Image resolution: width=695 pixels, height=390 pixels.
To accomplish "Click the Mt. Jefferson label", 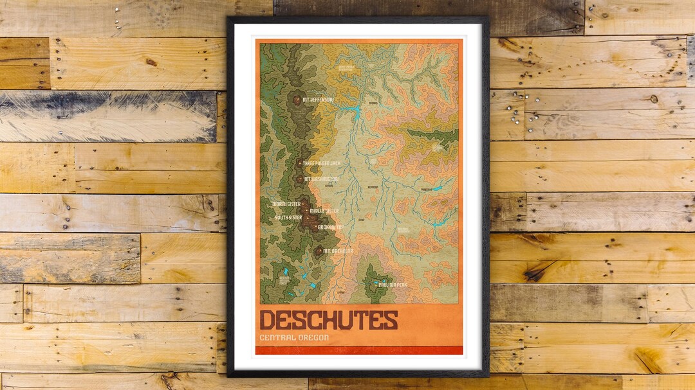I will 318,100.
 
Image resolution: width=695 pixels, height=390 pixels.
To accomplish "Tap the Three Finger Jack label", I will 320,164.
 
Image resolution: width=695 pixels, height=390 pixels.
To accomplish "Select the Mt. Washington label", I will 320,179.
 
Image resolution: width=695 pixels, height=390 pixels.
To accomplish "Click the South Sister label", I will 288,217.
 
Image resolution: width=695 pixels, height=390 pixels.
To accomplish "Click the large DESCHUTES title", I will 329,319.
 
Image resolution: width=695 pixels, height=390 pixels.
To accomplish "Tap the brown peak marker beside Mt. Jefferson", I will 296,100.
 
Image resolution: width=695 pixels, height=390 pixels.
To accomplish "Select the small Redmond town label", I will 372,188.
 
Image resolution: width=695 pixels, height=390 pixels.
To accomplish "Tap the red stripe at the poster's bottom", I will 358,350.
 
